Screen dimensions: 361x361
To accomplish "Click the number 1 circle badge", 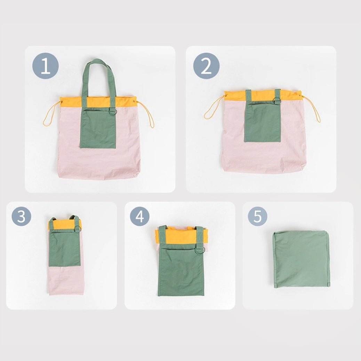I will pyautogui.click(x=46, y=66).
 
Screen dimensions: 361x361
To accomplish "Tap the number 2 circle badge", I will pyautogui.click(x=206, y=66).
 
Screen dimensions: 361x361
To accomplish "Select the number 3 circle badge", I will pyautogui.click(x=22, y=216).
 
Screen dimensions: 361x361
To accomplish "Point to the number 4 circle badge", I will pyautogui.click(x=140, y=216).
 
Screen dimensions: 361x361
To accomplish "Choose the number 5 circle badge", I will pyautogui.click(x=257, y=216).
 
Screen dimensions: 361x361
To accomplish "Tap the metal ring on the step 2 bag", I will pyautogui.click(x=277, y=101).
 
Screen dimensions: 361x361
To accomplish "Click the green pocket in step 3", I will pyautogui.click(x=65, y=249).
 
